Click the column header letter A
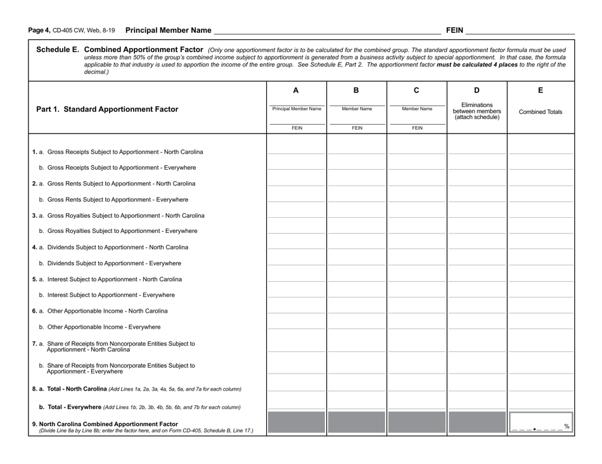pyautogui.click(x=296, y=91)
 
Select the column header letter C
pyautogui.click(x=416, y=91)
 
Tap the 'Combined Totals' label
pyautogui.click(x=541, y=112)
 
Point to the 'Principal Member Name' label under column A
pyautogui.click(x=296, y=109)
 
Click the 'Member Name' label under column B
pyautogui.click(x=357, y=109)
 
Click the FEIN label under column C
pyautogui.click(x=416, y=128)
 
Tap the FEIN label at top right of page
pyautogui.click(x=455, y=30)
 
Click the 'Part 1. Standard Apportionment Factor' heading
pyautogui.click(x=107, y=109)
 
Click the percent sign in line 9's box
pyautogui.click(x=567, y=426)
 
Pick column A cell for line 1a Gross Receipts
pyautogui.click(x=296, y=149)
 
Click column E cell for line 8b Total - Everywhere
pyautogui.click(x=541, y=404)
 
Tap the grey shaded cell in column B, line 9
pyautogui.click(x=357, y=423)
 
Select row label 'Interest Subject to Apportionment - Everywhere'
pyautogui.click(x=110, y=295)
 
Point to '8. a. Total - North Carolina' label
pyautogui.click(x=69, y=389)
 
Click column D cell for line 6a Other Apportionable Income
pyautogui.click(x=477, y=308)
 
